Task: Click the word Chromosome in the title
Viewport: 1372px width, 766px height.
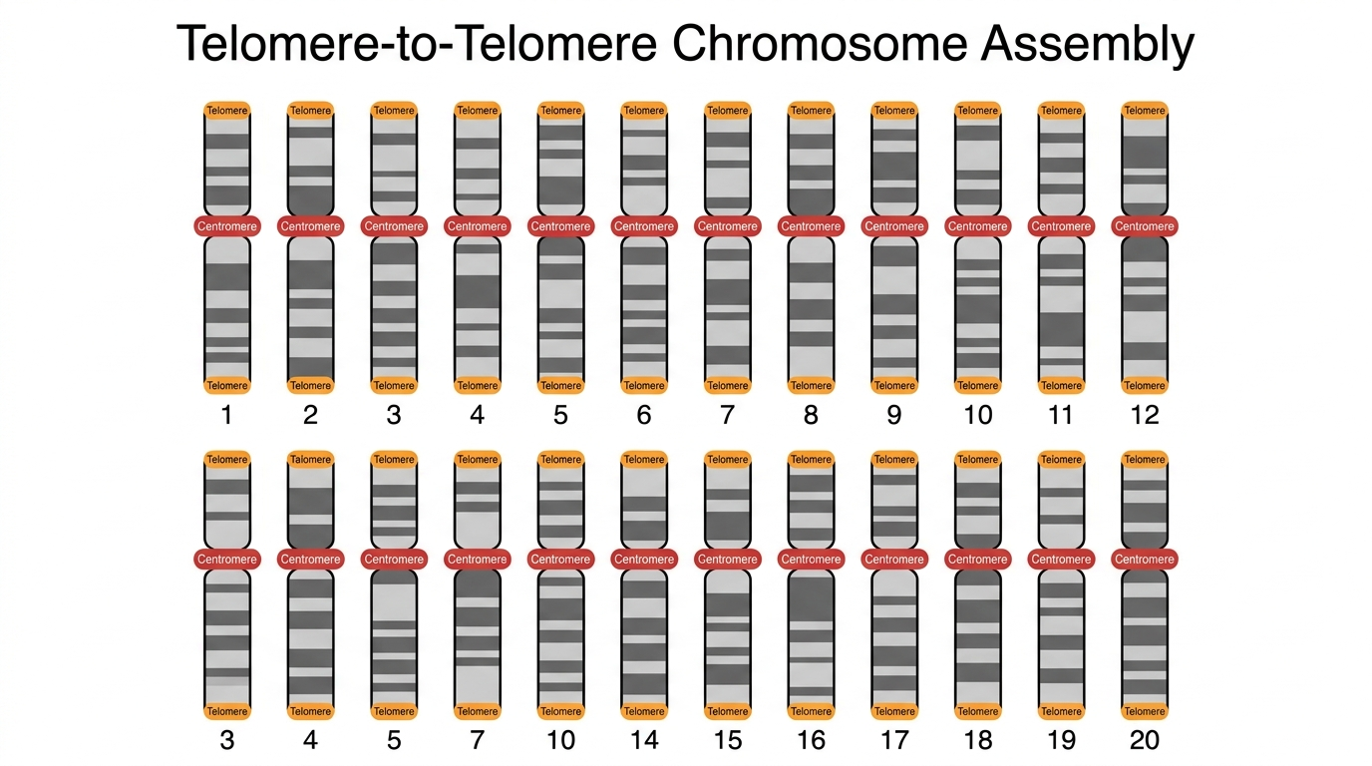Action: click(819, 43)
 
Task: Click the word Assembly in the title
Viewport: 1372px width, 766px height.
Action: click(1087, 45)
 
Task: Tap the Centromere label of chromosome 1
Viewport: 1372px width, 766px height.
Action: click(227, 226)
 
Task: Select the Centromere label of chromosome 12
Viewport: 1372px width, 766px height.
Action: click(1144, 226)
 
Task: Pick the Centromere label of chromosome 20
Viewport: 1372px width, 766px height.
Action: click(1144, 559)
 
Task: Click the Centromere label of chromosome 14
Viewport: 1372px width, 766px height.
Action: click(644, 559)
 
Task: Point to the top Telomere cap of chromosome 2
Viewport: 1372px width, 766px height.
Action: click(310, 111)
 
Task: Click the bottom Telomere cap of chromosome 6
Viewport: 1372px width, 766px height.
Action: click(644, 385)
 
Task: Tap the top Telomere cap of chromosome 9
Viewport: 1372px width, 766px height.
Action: click(894, 111)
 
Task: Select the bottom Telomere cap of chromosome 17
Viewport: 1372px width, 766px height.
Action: click(894, 711)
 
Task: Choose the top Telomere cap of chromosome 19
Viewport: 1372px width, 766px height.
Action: click(1061, 459)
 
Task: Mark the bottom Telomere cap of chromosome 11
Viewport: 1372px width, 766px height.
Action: click(1061, 385)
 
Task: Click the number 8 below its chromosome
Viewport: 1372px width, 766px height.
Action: click(811, 415)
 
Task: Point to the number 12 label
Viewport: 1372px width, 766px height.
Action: click(1144, 415)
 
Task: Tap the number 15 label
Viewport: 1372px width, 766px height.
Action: click(728, 740)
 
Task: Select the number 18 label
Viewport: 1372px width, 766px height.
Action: click(977, 740)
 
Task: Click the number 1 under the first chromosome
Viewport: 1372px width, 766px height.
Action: click(227, 415)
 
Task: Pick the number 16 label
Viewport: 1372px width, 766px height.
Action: click(811, 740)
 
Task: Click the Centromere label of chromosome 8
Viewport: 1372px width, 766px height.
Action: click(811, 226)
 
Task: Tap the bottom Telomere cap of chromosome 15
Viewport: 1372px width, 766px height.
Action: click(728, 711)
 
